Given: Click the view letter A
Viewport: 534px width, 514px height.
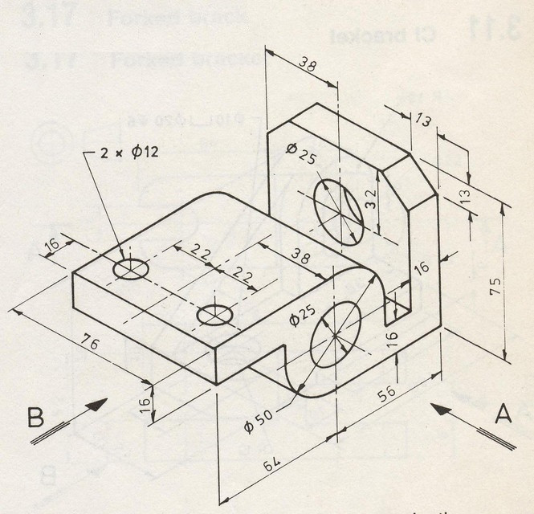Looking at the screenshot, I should click(503, 414).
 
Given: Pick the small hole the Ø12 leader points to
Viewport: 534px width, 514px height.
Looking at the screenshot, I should click(130, 268).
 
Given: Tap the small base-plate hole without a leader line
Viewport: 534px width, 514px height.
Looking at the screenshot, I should click(214, 314).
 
